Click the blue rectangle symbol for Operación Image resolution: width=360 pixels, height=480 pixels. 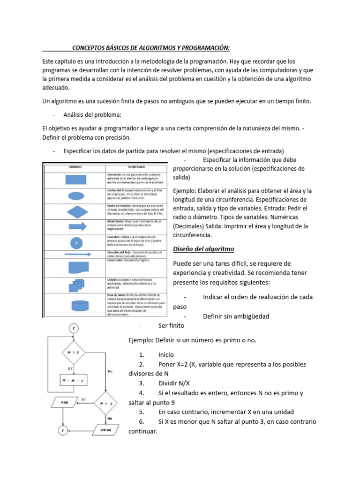(x=75, y=180)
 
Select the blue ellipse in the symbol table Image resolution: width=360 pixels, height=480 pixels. (x=75, y=196)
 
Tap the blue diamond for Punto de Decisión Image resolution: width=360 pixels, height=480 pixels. (x=75, y=211)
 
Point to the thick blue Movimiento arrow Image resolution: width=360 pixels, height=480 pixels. (x=75, y=226)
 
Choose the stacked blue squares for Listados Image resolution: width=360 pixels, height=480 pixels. (x=75, y=286)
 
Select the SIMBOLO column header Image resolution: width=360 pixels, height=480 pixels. (x=75, y=166)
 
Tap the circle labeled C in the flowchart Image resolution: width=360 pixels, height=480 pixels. (x=74, y=329)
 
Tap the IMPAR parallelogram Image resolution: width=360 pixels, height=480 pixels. (x=106, y=429)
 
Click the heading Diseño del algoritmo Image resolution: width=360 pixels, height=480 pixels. (x=203, y=248)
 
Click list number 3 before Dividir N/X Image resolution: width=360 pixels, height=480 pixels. (x=141, y=383)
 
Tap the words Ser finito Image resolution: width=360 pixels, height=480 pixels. (x=172, y=325)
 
